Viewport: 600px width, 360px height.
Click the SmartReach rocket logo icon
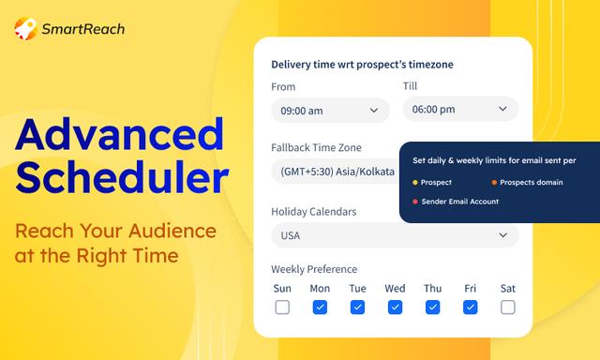pyautogui.click(x=25, y=28)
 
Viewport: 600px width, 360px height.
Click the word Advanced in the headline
pyautogui.click(x=119, y=135)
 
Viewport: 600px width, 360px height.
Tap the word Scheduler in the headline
pyautogui.click(x=122, y=177)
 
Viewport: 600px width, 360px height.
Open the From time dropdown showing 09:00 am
pyautogui.click(x=330, y=111)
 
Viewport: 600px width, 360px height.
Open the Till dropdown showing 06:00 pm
pyautogui.click(x=460, y=109)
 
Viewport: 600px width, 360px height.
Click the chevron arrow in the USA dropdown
pyautogui.click(x=502, y=235)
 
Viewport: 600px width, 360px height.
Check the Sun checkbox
pyautogui.click(x=282, y=307)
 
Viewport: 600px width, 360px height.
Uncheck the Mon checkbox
pyautogui.click(x=320, y=307)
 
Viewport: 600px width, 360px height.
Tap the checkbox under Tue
pyautogui.click(x=357, y=307)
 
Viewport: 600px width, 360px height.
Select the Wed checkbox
pyautogui.click(x=395, y=307)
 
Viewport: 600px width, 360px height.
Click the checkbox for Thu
pyautogui.click(x=432, y=307)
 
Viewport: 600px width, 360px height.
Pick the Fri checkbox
pyautogui.click(x=470, y=307)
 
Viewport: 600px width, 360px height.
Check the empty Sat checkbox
pyautogui.click(x=508, y=307)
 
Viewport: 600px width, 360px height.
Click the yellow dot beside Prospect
pyautogui.click(x=414, y=183)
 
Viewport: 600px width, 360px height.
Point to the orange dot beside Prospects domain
pyautogui.click(x=494, y=183)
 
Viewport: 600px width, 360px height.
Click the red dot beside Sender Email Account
pyautogui.click(x=414, y=202)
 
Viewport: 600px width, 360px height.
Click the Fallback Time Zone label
pyautogui.click(x=316, y=147)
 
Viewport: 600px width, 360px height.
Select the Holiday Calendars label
pyautogui.click(x=314, y=212)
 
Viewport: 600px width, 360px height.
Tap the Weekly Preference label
pyautogui.click(x=314, y=269)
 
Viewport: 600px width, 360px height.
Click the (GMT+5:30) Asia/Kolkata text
pyautogui.click(x=337, y=172)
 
